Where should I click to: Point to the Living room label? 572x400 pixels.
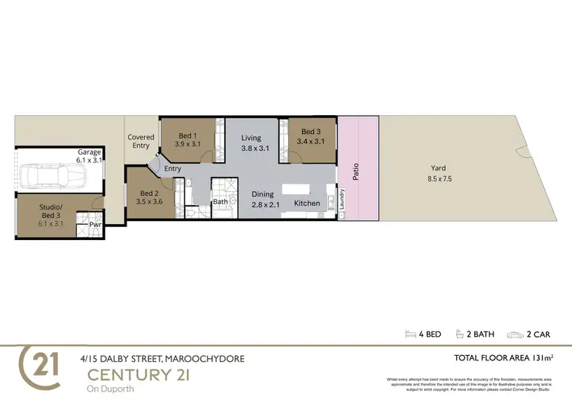click(251, 138)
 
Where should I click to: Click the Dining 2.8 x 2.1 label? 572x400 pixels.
click(265, 200)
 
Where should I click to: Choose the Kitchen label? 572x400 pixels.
click(307, 203)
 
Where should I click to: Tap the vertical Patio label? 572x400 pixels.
click(355, 172)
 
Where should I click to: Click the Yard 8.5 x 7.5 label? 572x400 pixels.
click(438, 174)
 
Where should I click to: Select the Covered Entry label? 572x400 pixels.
click(141, 142)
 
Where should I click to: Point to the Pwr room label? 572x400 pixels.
click(95, 226)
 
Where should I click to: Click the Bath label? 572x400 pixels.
click(220, 202)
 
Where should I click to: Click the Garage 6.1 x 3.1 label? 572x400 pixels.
click(89, 156)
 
